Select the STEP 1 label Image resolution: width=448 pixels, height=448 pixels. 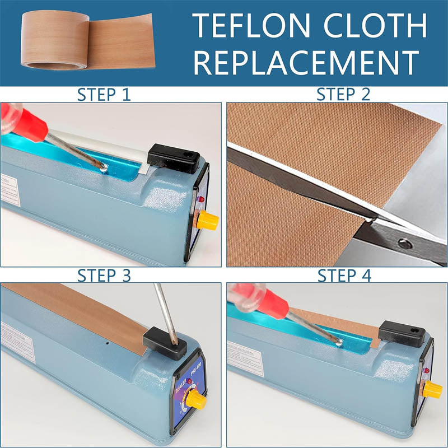tap(104, 94)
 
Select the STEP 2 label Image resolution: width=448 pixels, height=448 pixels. tap(344, 94)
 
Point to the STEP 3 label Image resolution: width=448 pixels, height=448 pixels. tap(104, 276)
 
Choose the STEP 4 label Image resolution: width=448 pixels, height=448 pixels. tap(344, 276)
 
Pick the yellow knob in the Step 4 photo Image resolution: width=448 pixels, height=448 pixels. tap(432, 389)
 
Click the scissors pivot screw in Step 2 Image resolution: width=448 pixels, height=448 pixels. tap(402, 242)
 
